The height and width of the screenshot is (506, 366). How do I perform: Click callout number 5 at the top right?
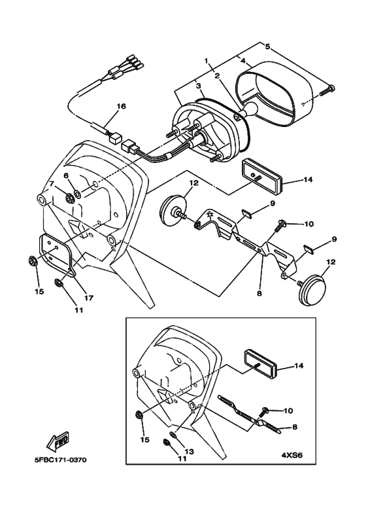point(267,46)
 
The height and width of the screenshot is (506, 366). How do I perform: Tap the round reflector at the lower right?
point(312,287)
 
